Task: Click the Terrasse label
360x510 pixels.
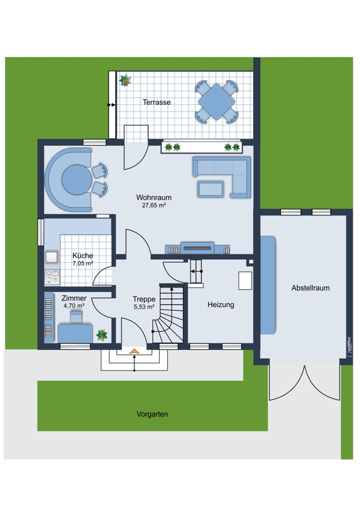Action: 157,102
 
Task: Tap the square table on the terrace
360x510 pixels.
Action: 216,101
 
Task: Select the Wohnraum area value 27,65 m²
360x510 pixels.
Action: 154,205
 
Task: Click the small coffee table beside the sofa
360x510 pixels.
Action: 210,189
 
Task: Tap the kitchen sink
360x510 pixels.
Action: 52,257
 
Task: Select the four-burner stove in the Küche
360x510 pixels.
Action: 52,277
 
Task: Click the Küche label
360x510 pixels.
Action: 83,256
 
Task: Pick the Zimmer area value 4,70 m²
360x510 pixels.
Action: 74,306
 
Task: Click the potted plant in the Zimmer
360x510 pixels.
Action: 102,335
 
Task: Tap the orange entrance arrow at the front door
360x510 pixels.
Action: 134,351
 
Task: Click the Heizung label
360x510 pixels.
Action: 221,305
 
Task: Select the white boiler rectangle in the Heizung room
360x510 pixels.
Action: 245,280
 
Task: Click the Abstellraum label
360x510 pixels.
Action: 310,288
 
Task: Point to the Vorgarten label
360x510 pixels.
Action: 152,414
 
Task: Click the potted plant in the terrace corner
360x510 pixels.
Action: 125,80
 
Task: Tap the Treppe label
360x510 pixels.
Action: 144,299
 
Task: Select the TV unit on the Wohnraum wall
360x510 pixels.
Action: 197,248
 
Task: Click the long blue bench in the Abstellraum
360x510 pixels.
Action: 268,285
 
